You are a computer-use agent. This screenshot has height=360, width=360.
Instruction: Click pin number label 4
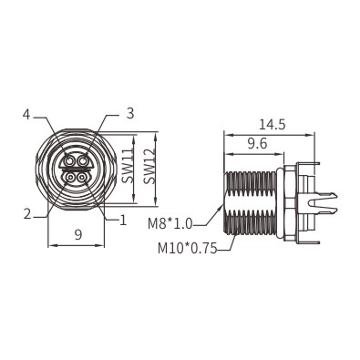[26, 115]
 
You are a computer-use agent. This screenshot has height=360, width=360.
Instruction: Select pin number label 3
[129, 113]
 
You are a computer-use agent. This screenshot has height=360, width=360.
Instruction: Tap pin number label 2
[27, 214]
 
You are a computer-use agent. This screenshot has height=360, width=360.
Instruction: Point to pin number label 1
[123, 220]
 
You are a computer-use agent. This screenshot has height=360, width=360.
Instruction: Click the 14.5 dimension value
[273, 125]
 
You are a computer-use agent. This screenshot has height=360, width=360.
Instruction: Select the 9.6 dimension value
[257, 144]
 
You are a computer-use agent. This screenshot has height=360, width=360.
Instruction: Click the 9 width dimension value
[78, 234]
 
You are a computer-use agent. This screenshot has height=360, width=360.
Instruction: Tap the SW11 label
[128, 166]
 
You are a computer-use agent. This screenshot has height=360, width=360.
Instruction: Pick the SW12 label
[149, 167]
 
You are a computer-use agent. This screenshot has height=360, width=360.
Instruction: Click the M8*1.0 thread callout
[170, 224]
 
